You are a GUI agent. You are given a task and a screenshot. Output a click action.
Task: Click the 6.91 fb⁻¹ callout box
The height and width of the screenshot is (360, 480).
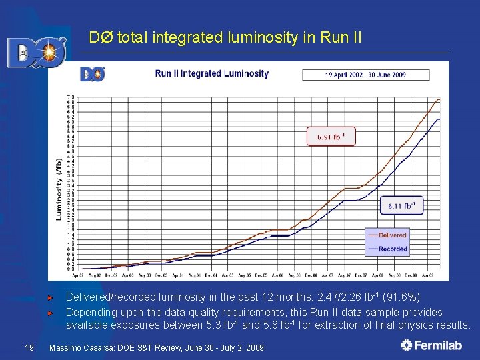pyautogui.click(x=330, y=137)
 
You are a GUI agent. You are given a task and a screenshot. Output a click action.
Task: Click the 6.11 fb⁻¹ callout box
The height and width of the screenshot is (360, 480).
pyautogui.click(x=401, y=206)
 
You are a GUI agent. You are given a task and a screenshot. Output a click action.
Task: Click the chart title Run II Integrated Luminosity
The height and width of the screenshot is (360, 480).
pyautogui.click(x=211, y=73)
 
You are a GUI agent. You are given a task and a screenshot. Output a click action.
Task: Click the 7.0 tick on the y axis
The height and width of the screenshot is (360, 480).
pyautogui.click(x=70, y=97)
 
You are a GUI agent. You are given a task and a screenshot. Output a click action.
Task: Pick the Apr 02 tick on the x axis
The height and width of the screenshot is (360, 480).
pyautogui.click(x=78, y=275)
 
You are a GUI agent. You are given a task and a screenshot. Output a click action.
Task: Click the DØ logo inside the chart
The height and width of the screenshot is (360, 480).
pyautogui.click(x=93, y=73)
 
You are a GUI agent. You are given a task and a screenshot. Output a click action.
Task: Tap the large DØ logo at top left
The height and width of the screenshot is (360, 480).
pyautogui.click(x=37, y=52)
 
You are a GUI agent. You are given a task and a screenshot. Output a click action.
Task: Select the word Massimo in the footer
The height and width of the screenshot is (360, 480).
pyautogui.click(x=66, y=348)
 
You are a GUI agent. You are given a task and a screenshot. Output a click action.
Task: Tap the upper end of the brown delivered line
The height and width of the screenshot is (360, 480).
pyautogui.click(x=439, y=99)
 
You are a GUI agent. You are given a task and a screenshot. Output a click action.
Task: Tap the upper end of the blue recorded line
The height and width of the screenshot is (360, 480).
pyautogui.click(x=439, y=119)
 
